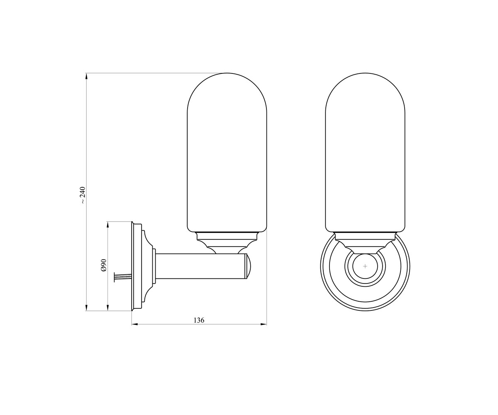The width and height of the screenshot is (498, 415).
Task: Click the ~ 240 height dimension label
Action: coord(82,195)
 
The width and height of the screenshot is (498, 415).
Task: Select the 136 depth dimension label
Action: coord(199,320)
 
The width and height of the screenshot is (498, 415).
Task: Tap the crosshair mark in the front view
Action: coord(365,266)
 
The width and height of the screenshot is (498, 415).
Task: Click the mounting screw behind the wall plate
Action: coord(123,277)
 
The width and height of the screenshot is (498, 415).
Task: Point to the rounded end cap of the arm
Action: coord(248,266)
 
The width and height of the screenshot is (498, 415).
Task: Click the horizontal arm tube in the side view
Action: coord(201,266)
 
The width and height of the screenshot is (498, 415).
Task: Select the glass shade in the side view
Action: coord(227,152)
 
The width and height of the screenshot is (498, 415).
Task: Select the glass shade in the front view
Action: coord(365,152)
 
